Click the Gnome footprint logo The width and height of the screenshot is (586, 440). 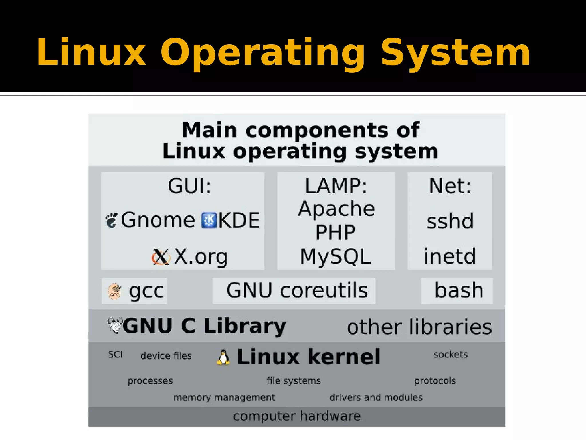tap(111, 221)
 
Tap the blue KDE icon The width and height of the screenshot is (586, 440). tap(209, 220)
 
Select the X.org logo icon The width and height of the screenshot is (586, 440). tap(161, 256)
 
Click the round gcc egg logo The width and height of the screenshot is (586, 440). tap(115, 292)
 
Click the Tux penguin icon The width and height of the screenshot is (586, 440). tap(223, 357)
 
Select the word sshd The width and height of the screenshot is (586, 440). tap(450, 221)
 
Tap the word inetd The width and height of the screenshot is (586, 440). tap(450, 256)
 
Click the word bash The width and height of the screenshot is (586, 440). tap(459, 290)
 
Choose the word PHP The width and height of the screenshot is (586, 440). tap(335, 232)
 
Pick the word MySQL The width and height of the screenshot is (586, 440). tap(335, 256)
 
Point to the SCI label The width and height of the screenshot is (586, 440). tap(115, 355)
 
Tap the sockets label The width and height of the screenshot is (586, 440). tap(451, 355)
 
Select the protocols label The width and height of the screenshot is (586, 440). tap(435, 381)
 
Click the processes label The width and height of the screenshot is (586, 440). tap(150, 381)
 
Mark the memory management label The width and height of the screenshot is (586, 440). tap(224, 398)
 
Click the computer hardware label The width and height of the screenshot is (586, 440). tap(297, 416)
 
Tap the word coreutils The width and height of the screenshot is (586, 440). tap(324, 290)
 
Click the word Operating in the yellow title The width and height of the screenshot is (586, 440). tap(262, 53)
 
